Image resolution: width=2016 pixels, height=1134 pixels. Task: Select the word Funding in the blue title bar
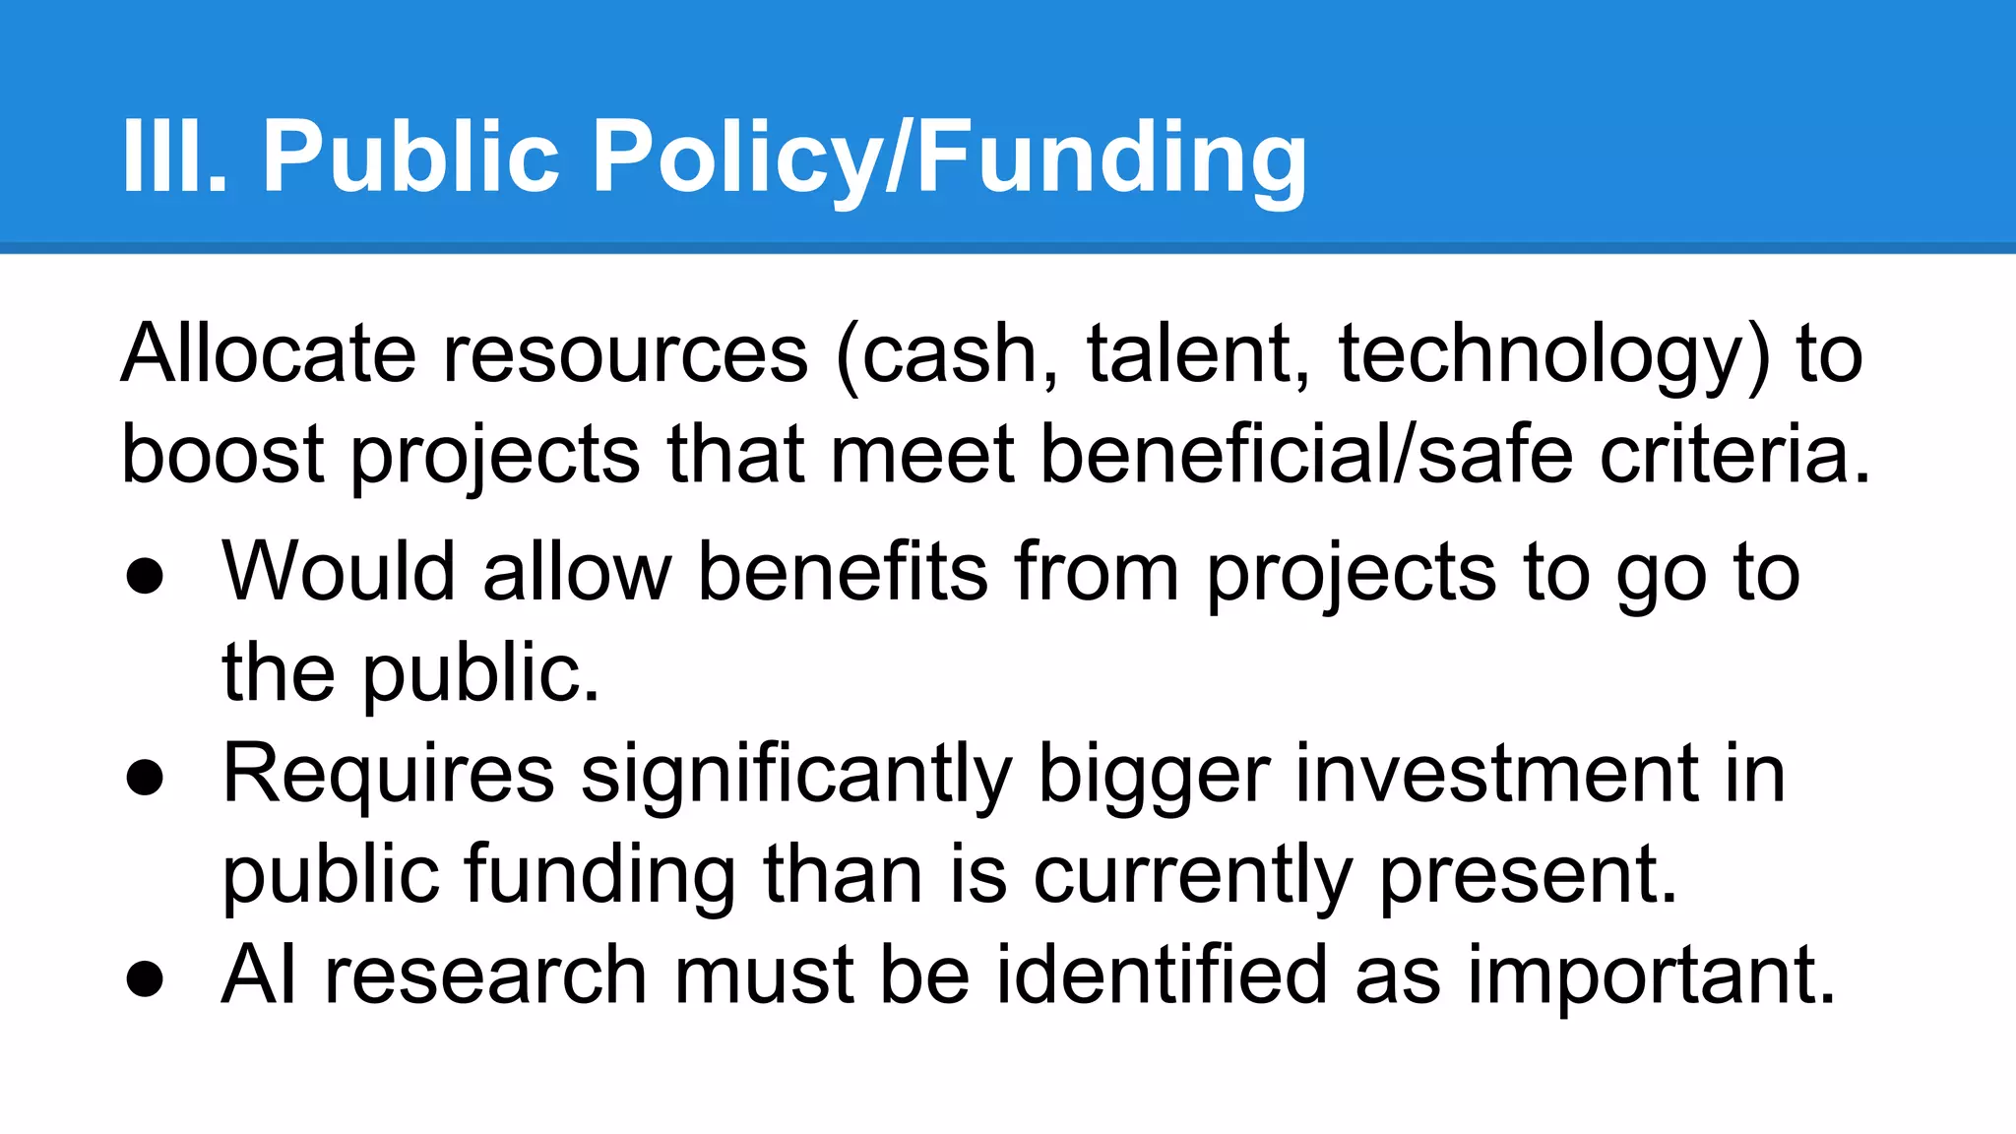1111,156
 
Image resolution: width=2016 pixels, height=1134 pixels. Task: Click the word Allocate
269,353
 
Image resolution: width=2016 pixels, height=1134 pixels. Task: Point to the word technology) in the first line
1553,353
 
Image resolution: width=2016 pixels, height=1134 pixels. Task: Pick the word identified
1162,975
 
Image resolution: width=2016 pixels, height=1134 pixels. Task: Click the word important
1652,975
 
